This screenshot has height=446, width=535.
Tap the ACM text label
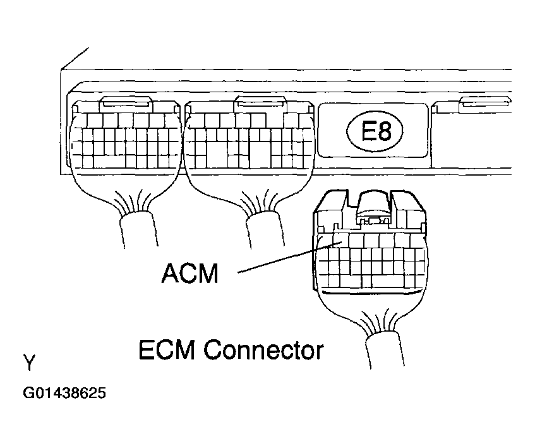point(189,274)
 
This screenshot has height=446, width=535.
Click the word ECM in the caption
point(167,349)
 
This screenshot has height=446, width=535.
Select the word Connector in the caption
point(263,349)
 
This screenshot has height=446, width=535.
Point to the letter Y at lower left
point(30,363)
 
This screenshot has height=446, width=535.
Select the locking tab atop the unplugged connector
point(374,206)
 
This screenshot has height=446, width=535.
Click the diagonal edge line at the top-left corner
point(75,57)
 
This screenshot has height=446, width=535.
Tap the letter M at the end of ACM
point(206,274)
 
